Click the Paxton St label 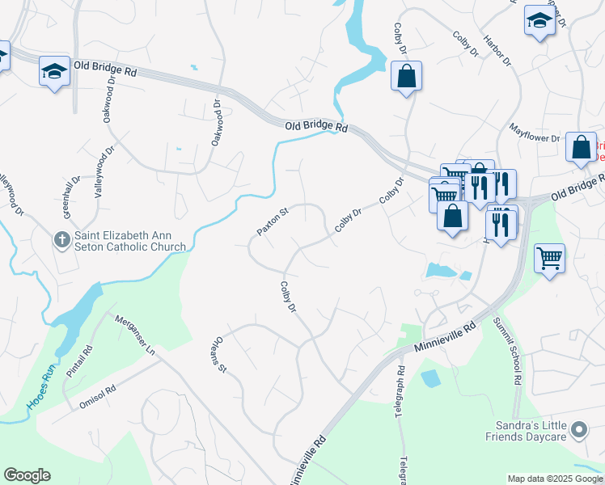(x=273, y=223)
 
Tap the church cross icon (x=61, y=239)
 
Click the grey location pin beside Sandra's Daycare (x=579, y=430)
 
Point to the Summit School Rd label (x=515, y=361)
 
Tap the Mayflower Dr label (x=535, y=132)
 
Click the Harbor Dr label (x=497, y=49)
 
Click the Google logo (x=27, y=475)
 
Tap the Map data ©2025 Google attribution (x=555, y=479)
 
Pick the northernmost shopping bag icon (x=406, y=78)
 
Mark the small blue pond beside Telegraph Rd (x=429, y=377)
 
